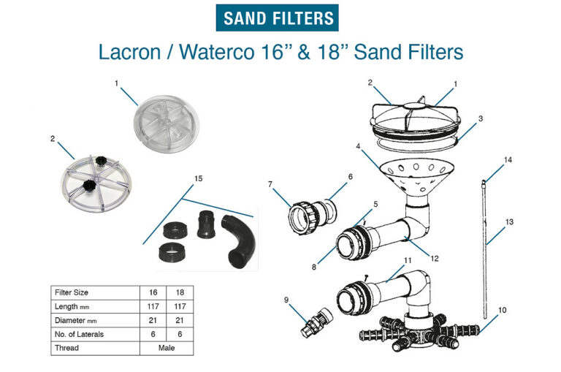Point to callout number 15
[198, 178]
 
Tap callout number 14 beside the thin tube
[508, 159]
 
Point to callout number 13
[509, 221]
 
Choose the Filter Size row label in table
[72, 292]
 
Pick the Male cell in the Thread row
[166, 348]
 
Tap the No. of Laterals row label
[79, 334]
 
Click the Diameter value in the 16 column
[153, 320]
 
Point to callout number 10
[500, 311]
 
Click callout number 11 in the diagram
[408, 260]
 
